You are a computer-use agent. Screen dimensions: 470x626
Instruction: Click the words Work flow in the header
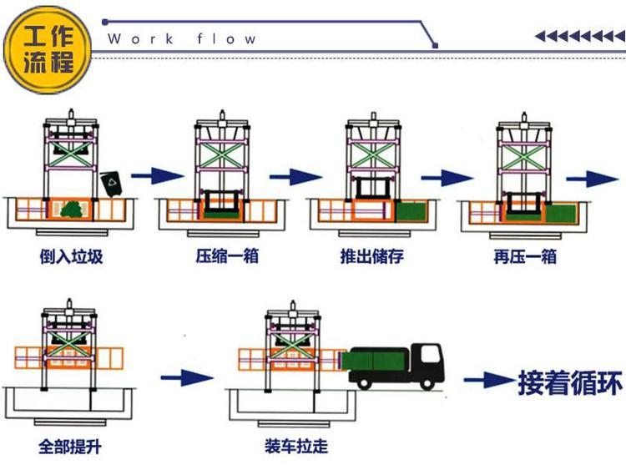click(182, 38)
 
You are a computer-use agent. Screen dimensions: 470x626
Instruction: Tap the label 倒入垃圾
click(71, 255)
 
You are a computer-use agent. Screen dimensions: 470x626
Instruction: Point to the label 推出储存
click(372, 255)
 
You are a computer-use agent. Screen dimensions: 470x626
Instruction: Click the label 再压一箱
click(524, 255)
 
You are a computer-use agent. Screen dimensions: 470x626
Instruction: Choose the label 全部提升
click(70, 447)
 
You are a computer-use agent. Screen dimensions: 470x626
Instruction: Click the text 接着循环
click(570, 382)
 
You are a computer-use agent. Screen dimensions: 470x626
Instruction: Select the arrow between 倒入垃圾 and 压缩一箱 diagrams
click(157, 175)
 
